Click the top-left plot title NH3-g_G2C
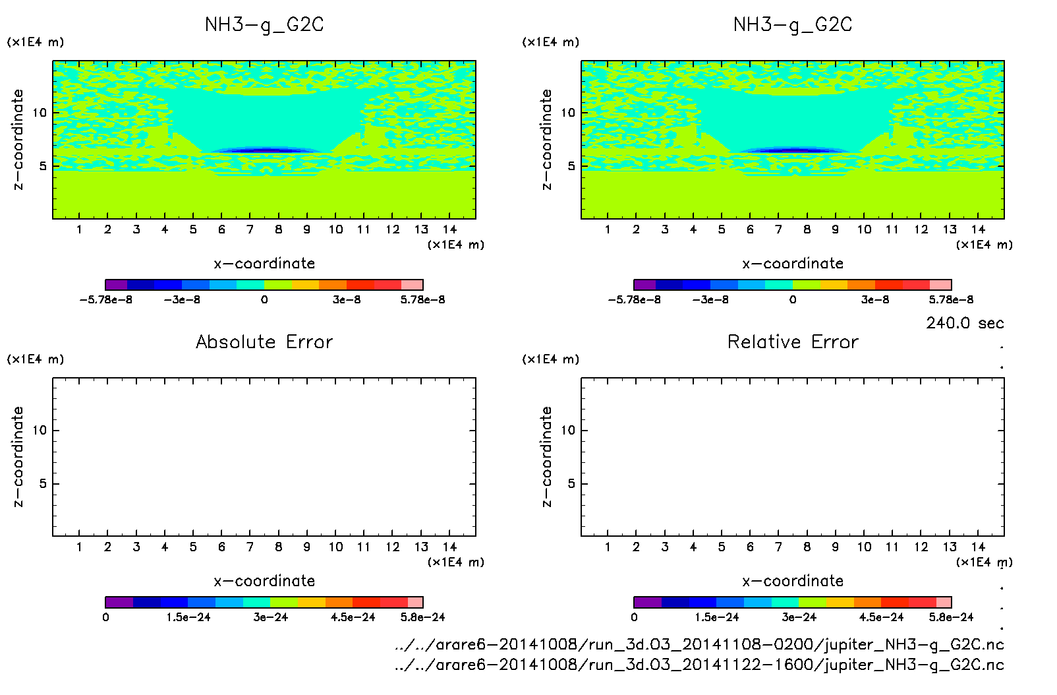[264, 25]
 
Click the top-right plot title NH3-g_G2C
[793, 25]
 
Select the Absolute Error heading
[264, 342]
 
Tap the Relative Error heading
[793, 342]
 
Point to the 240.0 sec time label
[965, 323]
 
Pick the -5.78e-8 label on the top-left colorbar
[105, 300]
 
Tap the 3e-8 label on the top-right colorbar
[874, 300]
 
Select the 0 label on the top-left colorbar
[264, 300]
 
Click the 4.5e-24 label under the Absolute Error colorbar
[353, 618]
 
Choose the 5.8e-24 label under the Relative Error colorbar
[951, 618]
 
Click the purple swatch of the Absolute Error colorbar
[119, 602]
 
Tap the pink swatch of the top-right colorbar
[940, 285]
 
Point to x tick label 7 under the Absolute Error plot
[250, 547]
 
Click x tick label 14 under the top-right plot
[978, 229]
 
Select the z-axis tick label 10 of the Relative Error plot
[568, 431]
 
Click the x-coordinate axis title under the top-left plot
[264, 264]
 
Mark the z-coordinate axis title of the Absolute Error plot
[18, 456]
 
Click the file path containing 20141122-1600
[699, 665]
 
